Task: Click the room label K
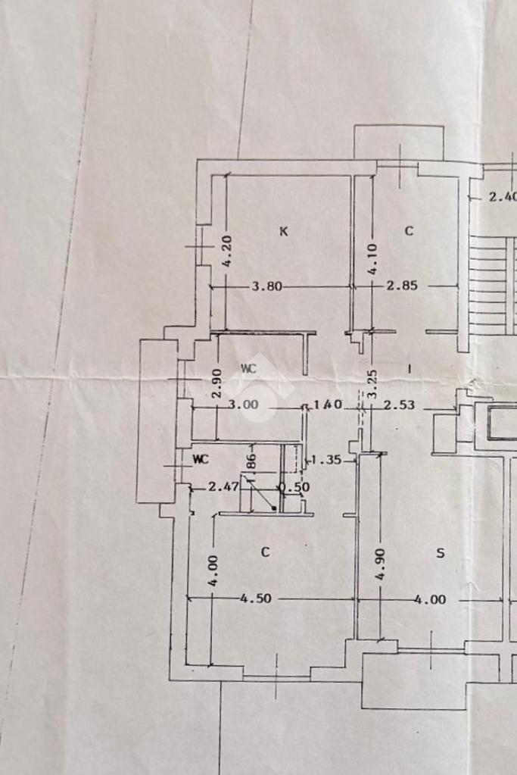(x=284, y=232)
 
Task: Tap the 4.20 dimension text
(x=226, y=251)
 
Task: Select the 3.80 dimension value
(x=266, y=286)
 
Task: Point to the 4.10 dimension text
(x=372, y=259)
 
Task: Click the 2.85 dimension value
(x=402, y=286)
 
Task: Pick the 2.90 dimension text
(x=216, y=384)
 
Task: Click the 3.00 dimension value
(x=243, y=405)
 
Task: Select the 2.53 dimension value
(x=399, y=405)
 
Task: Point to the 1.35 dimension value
(x=326, y=459)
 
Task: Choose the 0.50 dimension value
(x=294, y=487)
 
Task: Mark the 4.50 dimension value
(x=256, y=598)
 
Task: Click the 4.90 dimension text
(x=380, y=564)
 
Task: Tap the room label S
(x=441, y=554)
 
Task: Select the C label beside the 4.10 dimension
(x=409, y=231)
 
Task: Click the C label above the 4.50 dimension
(x=265, y=552)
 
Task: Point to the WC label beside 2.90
(x=248, y=368)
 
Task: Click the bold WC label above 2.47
(x=201, y=459)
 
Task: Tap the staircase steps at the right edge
(x=493, y=285)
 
